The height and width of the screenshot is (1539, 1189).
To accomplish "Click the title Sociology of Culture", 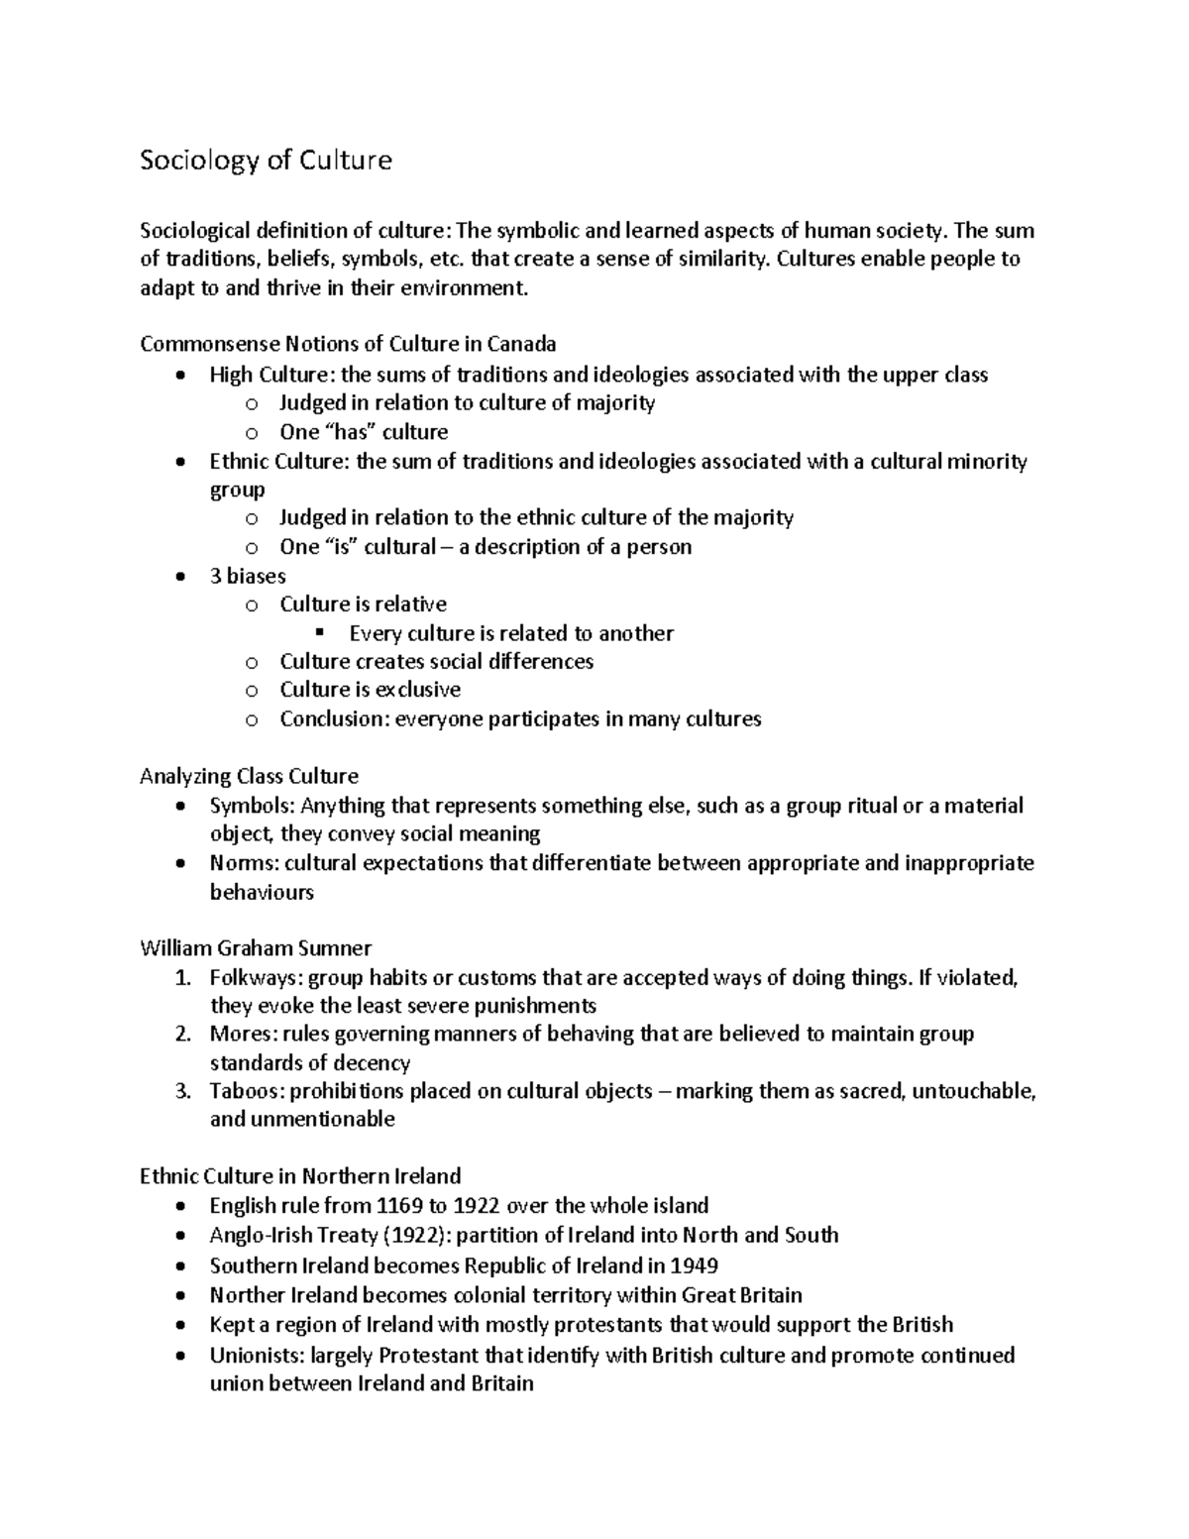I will pos(266,161).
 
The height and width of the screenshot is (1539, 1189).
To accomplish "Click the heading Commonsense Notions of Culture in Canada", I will pos(348,344).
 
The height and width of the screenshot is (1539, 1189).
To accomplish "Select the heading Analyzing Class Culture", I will pos(249,776).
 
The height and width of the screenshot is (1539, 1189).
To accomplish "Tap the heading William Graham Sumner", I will pos(256,948).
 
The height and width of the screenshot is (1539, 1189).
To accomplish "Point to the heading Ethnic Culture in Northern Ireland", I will pos(300,1176).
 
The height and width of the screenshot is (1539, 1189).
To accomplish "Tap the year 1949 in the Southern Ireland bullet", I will pos(694,1265).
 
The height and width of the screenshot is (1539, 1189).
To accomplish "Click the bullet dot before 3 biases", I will pos(178,577).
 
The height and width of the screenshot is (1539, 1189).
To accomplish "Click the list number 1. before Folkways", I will pos(181,978).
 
